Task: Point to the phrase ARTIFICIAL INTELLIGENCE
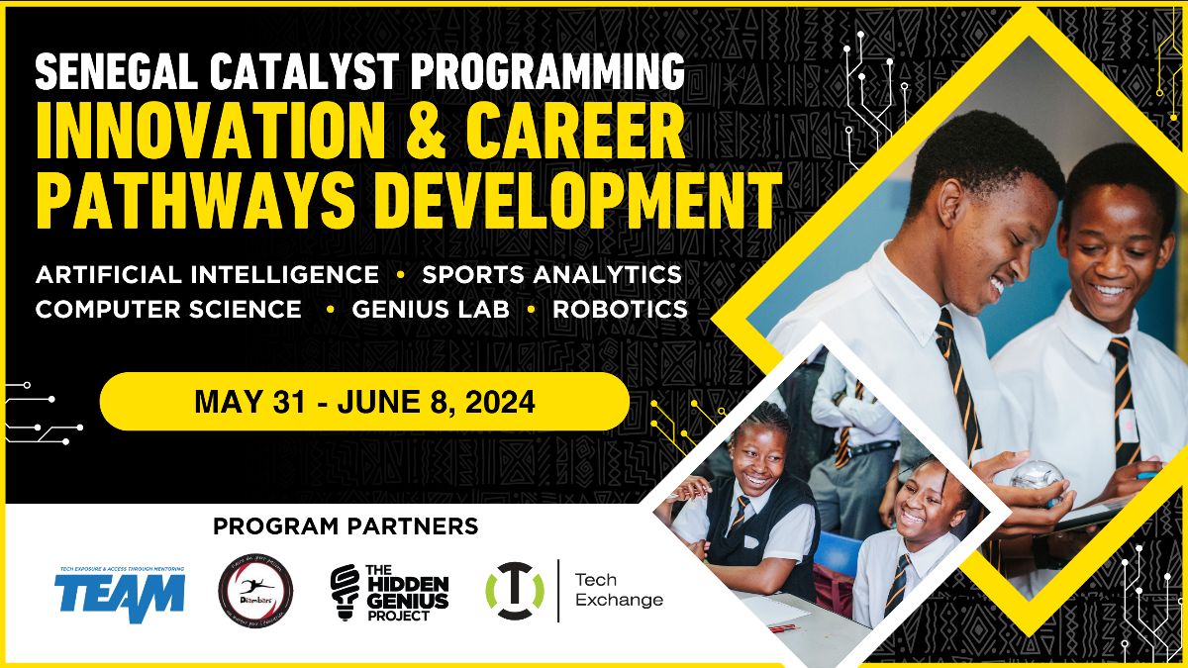(207, 274)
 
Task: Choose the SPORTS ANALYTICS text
(552, 274)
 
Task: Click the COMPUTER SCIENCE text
(168, 310)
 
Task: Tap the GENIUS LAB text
(431, 310)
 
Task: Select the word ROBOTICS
(620, 310)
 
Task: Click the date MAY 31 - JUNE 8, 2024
(364, 402)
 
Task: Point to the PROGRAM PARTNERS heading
(346, 525)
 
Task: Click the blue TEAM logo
(120, 591)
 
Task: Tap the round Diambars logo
(255, 591)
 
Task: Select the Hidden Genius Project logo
(389, 592)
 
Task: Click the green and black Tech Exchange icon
(514, 591)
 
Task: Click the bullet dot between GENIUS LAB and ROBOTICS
(532, 310)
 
